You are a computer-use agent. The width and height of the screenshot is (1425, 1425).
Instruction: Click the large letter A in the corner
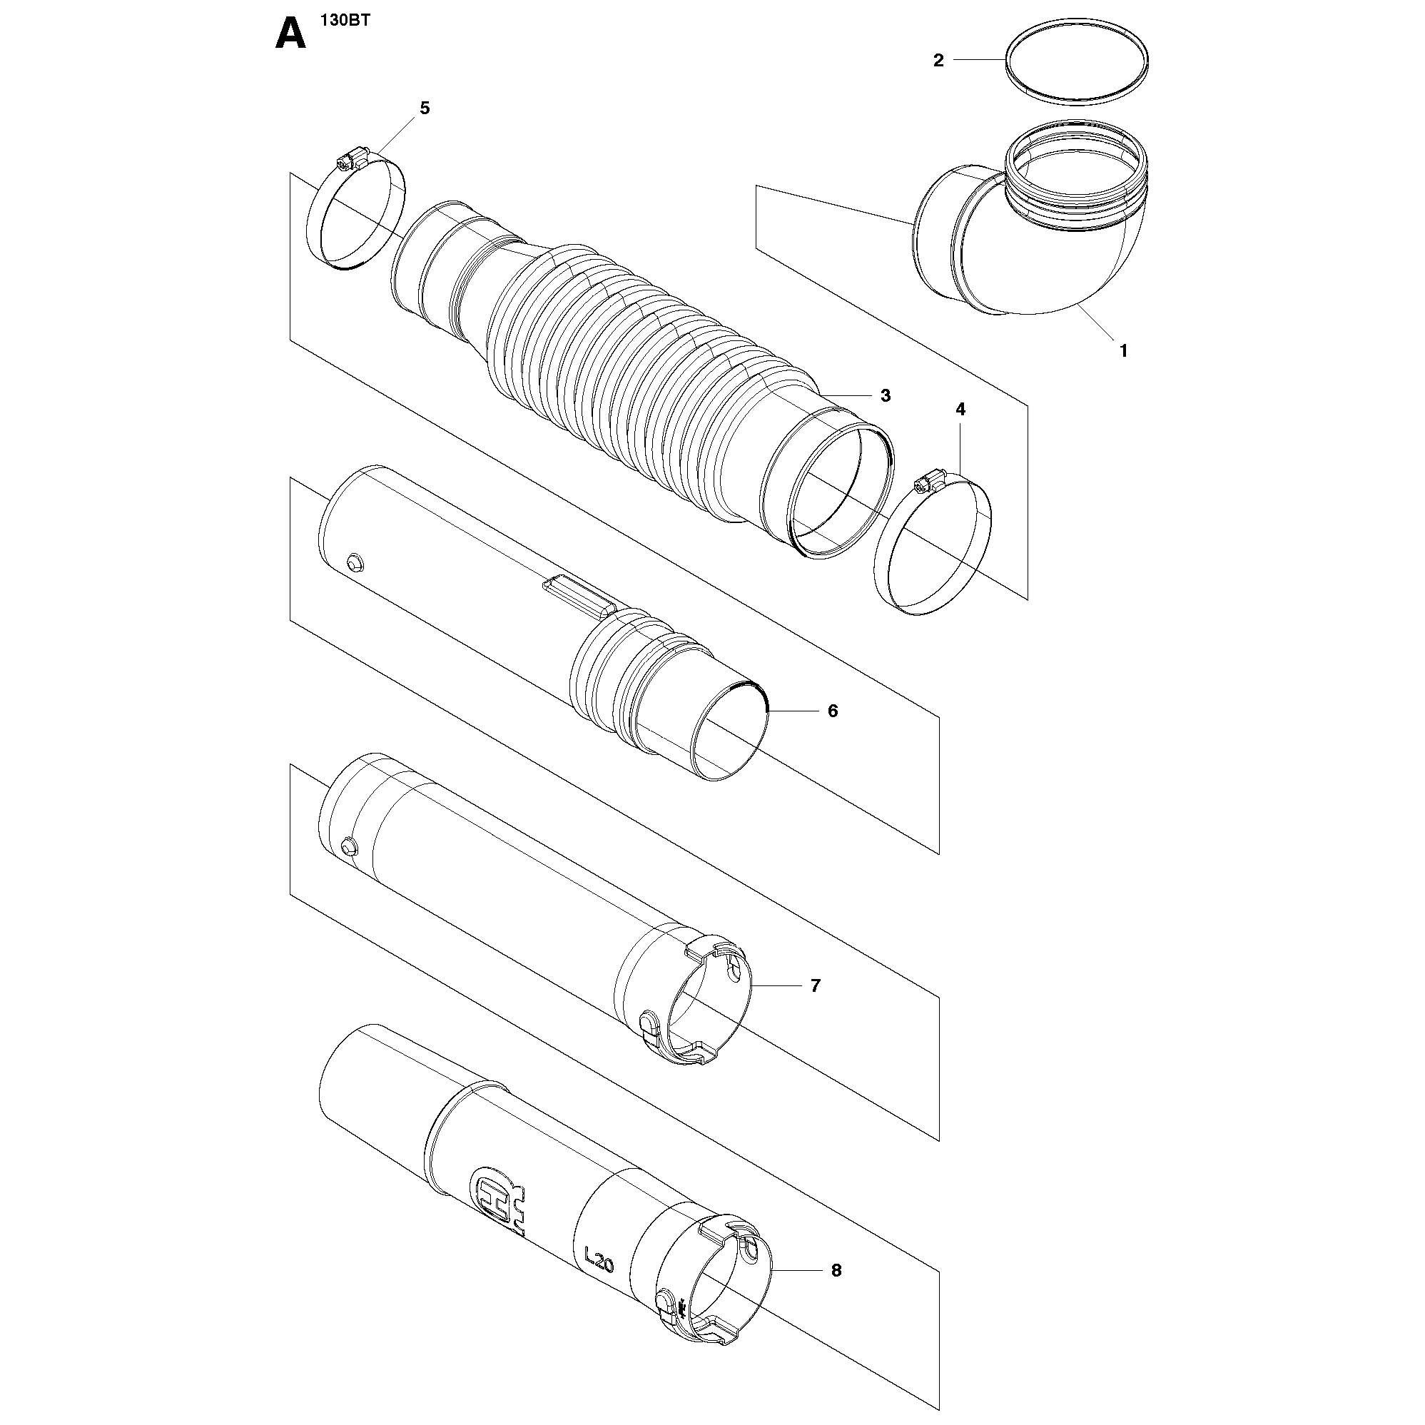click(x=290, y=34)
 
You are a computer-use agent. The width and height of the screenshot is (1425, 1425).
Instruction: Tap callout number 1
click(x=1123, y=351)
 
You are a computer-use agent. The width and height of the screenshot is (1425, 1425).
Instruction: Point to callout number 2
click(x=938, y=61)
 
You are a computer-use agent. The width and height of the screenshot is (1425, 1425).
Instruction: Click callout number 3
click(x=885, y=395)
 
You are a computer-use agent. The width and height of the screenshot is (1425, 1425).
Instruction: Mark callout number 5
click(x=424, y=108)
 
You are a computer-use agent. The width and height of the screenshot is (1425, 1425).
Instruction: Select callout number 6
click(x=833, y=711)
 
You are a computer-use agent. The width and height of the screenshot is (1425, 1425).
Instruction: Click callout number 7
click(x=815, y=985)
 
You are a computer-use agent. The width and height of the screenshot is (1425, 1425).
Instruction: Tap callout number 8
click(x=836, y=1271)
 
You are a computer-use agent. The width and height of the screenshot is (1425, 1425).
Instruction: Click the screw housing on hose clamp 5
click(x=351, y=156)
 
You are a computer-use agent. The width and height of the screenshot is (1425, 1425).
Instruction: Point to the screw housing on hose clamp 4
click(x=928, y=482)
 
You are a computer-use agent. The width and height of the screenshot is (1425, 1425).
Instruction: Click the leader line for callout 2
click(x=980, y=59)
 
